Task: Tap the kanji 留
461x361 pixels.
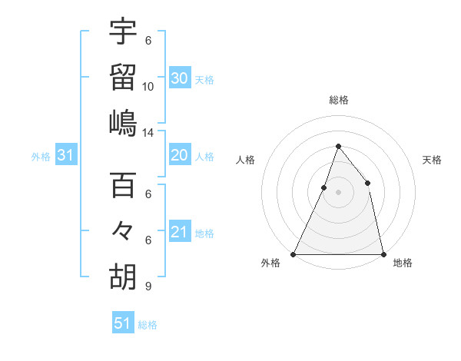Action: [123, 76]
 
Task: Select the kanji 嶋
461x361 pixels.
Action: [123, 121]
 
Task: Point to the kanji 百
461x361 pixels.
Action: [123, 187]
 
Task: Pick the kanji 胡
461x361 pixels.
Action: [123, 276]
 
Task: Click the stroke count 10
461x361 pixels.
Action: [148, 87]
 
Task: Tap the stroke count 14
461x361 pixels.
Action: [148, 133]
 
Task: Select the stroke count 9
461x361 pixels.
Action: [148, 286]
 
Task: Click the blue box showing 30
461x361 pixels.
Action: [179, 78]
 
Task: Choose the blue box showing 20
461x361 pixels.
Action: [179, 155]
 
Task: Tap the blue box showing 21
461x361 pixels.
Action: [179, 232]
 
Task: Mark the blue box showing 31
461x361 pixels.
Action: [65, 155]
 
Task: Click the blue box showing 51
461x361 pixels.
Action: [123, 323]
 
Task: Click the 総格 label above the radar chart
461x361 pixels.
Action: [338, 100]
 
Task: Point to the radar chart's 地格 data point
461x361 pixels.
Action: [383, 254]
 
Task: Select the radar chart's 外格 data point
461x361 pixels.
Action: [294, 254]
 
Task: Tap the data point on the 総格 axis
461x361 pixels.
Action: [338, 146]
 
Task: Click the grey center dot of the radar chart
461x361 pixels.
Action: [338, 193]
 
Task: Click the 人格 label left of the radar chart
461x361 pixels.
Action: [244, 160]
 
